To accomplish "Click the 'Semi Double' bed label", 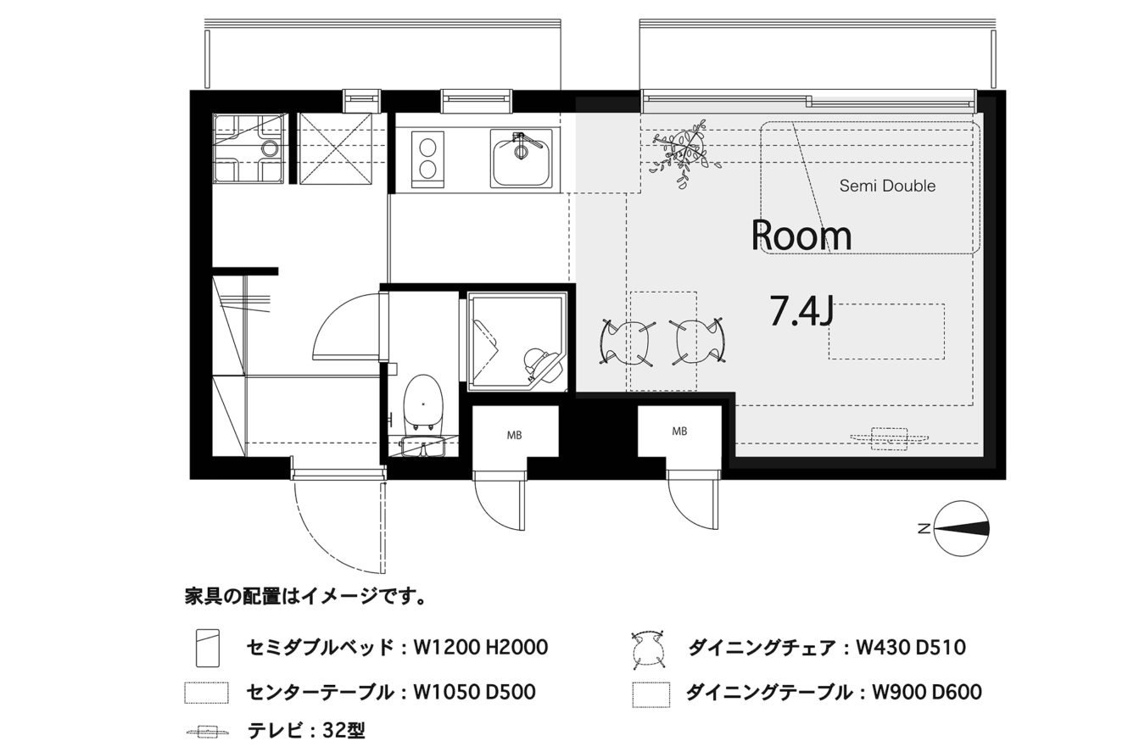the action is [887, 187].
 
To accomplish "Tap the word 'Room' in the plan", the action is [801, 236].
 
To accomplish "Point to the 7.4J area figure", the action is [801, 311].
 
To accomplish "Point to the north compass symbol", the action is [961, 528].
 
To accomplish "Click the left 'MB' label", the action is [514, 436].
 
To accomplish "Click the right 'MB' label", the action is [679, 432].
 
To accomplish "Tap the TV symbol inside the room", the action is [889, 438].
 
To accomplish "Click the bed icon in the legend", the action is [208, 648].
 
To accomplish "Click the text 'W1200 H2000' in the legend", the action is [480, 648].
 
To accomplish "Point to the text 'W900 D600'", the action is [926, 692].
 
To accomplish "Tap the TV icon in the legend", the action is [206, 732].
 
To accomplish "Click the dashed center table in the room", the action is [886, 331].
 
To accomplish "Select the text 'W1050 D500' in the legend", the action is [474, 692].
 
